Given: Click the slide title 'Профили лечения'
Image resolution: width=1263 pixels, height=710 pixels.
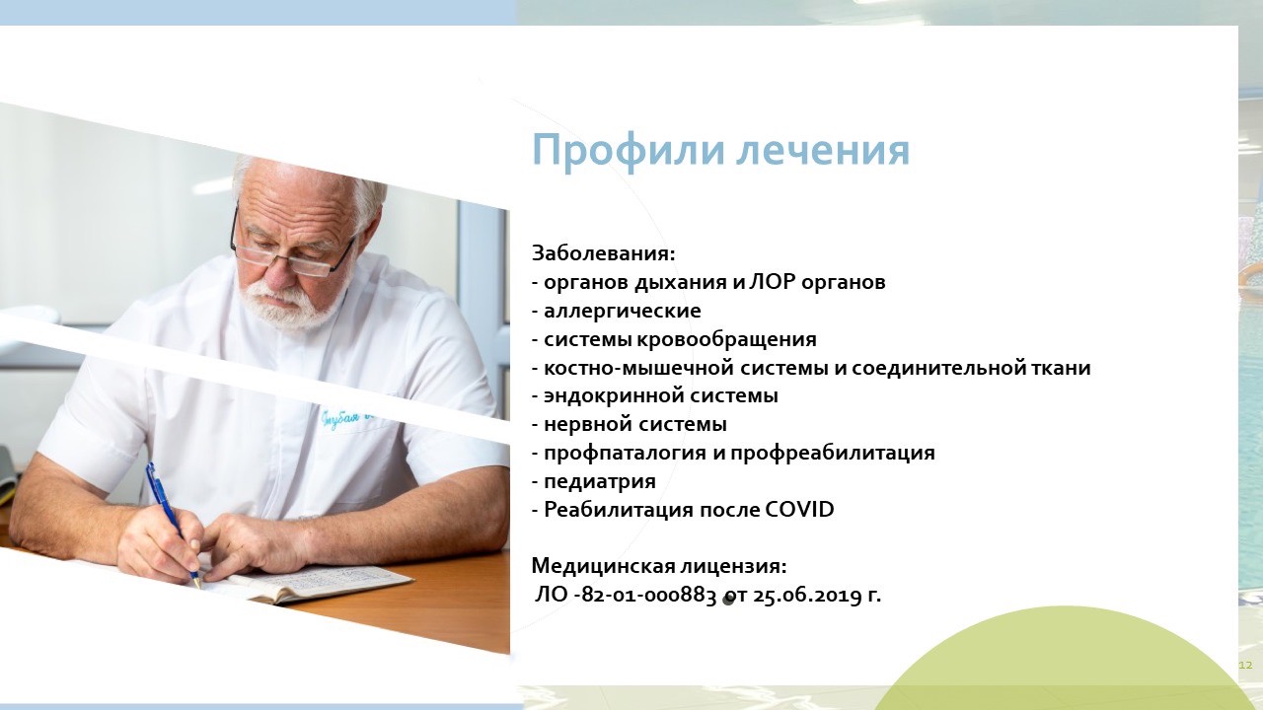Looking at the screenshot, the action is pyautogui.click(x=720, y=151).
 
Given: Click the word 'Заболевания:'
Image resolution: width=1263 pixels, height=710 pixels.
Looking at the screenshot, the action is pyautogui.click(x=603, y=253).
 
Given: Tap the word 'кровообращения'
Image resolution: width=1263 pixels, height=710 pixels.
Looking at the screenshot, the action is pyautogui.click(x=727, y=339).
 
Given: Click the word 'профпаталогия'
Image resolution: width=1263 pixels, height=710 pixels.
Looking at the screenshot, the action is pyautogui.click(x=625, y=453).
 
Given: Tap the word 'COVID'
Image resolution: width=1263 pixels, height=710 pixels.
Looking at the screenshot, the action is pyautogui.click(x=799, y=510).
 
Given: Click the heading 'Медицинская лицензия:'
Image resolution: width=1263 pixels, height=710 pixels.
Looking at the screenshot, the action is pyautogui.click(x=658, y=566).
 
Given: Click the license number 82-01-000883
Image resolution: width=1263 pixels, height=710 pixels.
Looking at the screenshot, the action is pyautogui.click(x=647, y=595).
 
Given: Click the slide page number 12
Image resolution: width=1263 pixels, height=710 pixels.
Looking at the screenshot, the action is pyautogui.click(x=1245, y=666).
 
